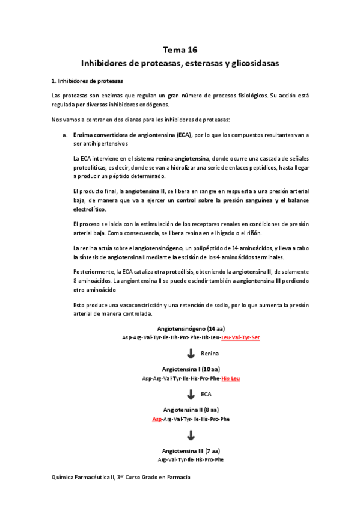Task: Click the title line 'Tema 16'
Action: (180, 50)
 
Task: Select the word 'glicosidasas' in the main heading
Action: (254, 63)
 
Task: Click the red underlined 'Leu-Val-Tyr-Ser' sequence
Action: (240, 338)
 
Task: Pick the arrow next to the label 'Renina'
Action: (190, 354)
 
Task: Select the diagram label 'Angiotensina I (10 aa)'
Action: (191, 369)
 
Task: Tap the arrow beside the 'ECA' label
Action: (190, 394)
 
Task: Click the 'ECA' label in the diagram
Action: (207, 394)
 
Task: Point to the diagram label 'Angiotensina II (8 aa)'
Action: (191, 410)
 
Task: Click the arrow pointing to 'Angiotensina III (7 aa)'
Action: (190, 434)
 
